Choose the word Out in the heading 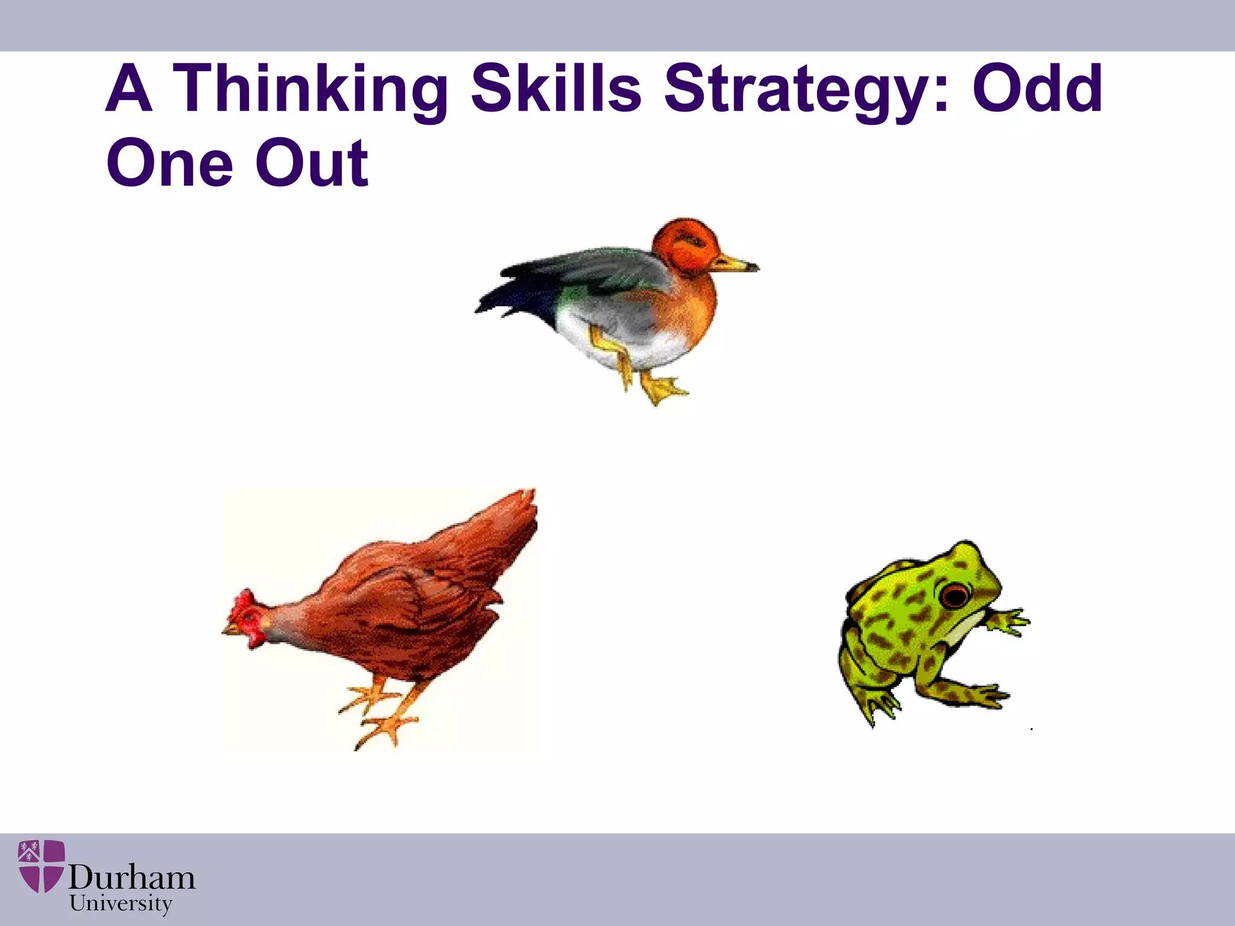[311, 163]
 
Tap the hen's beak [229, 630]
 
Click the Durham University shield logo [41, 866]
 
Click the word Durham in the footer [131, 878]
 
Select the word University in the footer [121, 904]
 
